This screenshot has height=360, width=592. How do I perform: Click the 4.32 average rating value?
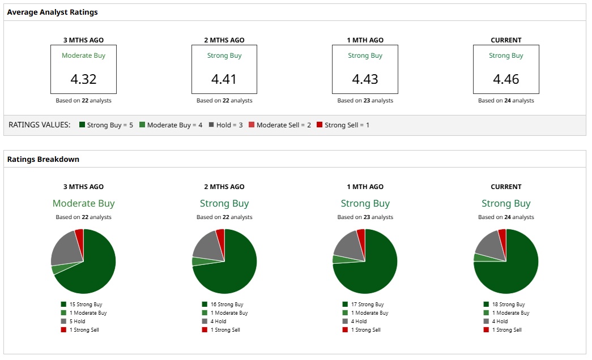click(83, 79)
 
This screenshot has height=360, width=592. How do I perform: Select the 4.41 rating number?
click(224, 79)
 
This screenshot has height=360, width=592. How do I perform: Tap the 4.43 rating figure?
click(365, 79)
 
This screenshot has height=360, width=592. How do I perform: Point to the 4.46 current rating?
click(506, 79)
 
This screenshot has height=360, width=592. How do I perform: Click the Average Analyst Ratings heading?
click(52, 12)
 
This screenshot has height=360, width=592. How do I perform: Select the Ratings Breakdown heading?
click(43, 159)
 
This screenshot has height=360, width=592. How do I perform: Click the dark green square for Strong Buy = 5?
click(82, 125)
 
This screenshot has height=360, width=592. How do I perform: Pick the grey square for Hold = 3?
click(211, 125)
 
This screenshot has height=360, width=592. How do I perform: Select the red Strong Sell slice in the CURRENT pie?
click(502, 235)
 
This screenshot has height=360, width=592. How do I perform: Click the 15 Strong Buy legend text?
click(86, 305)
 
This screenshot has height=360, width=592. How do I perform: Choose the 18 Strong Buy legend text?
click(508, 305)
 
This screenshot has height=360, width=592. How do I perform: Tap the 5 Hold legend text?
click(77, 322)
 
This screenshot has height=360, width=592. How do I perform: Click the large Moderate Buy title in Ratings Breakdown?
click(83, 203)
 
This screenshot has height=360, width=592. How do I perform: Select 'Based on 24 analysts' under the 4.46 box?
click(506, 101)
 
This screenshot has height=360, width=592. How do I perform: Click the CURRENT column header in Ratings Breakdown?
click(506, 187)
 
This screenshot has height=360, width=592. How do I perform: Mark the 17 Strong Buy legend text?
click(367, 305)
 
